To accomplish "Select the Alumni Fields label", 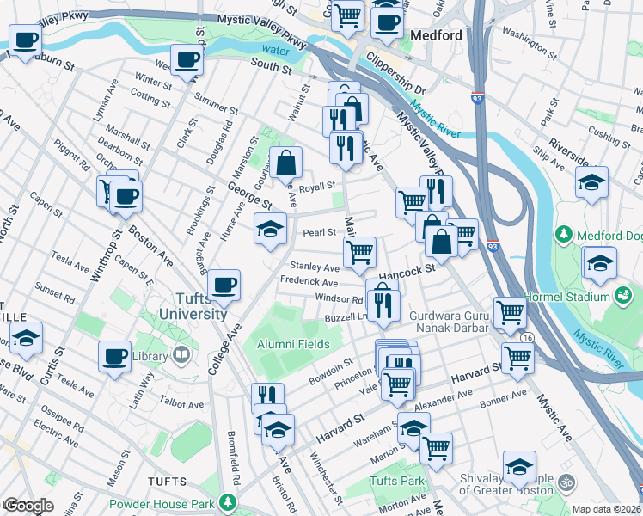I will coord(292,344).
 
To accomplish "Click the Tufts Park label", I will coord(397,480).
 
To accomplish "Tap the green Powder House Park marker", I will coord(228,501).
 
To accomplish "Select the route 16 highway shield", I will coord(526,339).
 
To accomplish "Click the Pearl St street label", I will coord(318,232).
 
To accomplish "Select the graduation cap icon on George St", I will coord(270,229).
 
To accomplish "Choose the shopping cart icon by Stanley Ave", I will coord(359,252).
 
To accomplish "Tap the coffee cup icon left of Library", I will coord(114,355).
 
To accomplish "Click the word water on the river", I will coord(273,49).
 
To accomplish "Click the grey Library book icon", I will coord(181,354).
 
